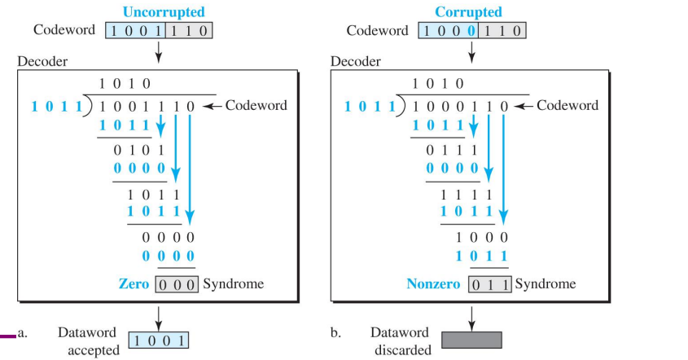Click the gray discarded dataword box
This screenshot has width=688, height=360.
pyautogui.click(x=471, y=340)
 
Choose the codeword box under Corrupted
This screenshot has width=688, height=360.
pyautogui.click(x=471, y=31)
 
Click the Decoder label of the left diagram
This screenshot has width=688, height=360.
pyautogui.click(x=42, y=61)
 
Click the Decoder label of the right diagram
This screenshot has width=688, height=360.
pyautogui.click(x=356, y=61)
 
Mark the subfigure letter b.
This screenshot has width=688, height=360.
pyautogui.click(x=335, y=332)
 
